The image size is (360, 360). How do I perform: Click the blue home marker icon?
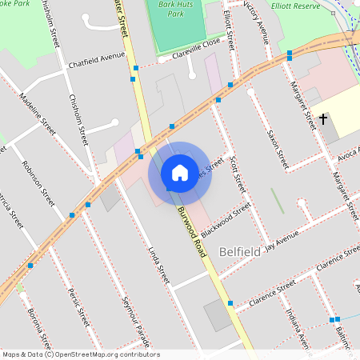180,172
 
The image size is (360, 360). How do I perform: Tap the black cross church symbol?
323,119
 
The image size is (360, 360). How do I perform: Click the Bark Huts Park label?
171,10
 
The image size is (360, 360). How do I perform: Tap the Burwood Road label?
192,230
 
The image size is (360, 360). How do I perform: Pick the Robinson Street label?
38,182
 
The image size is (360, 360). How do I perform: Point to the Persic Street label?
78,306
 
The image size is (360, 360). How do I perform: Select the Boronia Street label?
39,329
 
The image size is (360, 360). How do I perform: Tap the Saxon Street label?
277,148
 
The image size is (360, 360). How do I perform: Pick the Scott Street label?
238,174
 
